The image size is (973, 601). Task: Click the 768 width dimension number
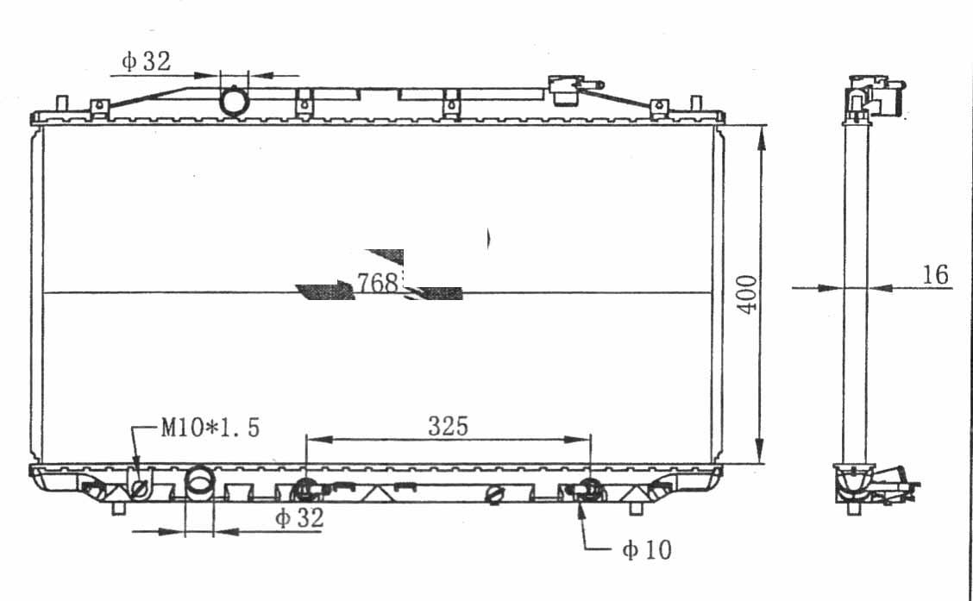[x=377, y=283]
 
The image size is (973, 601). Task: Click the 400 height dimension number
[x=748, y=294]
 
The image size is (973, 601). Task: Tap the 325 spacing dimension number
[x=448, y=426]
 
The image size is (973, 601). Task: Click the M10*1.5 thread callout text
[x=210, y=428]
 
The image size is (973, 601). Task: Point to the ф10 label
[x=647, y=549]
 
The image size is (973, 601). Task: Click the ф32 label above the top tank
[x=146, y=60]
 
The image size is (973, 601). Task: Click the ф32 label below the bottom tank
[x=299, y=517]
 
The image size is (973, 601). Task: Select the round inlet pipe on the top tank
[x=234, y=102]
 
